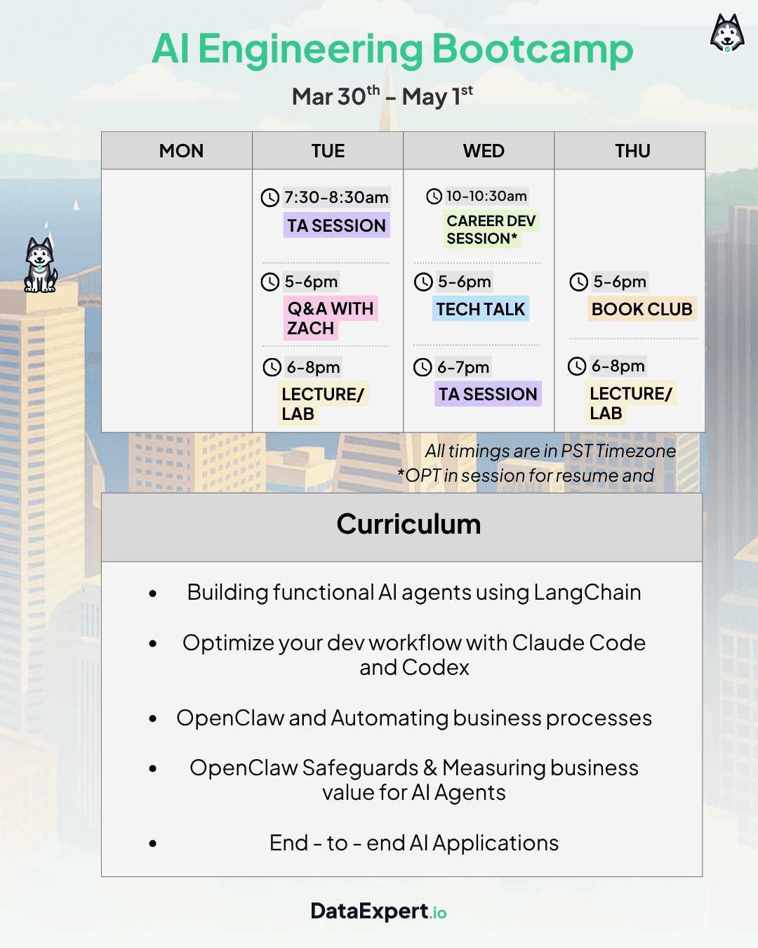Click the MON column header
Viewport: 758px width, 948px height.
pos(181,151)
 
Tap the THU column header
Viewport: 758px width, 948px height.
pos(632,151)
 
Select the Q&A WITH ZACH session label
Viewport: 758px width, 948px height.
pos(330,318)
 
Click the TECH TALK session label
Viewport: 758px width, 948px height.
pos(480,309)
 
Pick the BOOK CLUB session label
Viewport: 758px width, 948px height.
pos(641,309)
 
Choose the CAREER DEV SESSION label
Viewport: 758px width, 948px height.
pos(491,230)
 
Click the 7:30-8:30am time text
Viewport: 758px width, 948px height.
pos(336,197)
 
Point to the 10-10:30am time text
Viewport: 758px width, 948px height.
pos(486,196)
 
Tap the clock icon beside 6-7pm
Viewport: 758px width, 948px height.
pos(423,367)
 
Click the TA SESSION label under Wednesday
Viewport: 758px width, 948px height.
pos(488,394)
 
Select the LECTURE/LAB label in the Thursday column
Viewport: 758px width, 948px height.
pos(630,403)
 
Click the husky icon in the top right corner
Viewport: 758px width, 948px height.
pos(727,33)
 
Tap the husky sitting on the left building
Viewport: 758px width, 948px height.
pos(40,265)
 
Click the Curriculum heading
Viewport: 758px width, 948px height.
pos(408,525)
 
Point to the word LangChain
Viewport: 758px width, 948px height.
pos(587,593)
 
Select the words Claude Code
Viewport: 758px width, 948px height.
pos(578,643)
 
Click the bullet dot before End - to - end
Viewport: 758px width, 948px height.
pos(153,843)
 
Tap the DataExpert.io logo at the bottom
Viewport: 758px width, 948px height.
pos(378,911)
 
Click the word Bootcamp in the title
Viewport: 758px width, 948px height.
pos(532,49)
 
